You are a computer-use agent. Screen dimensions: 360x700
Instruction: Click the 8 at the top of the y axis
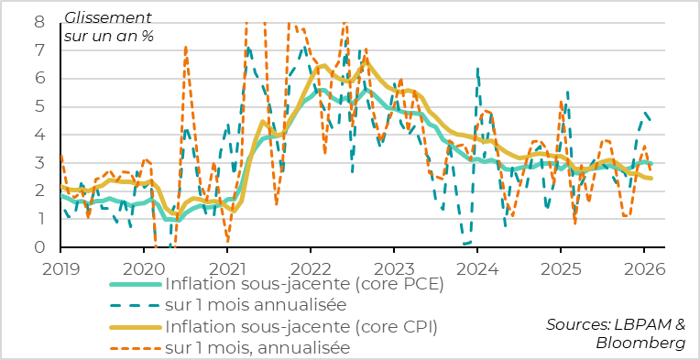click(x=39, y=21)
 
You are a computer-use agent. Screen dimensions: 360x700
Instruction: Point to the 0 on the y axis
click(x=39, y=247)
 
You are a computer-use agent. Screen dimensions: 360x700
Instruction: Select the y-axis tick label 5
click(x=39, y=106)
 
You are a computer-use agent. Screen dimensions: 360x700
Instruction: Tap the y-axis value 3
click(x=39, y=163)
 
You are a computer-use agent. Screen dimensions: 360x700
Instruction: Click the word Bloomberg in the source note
click(x=640, y=343)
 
